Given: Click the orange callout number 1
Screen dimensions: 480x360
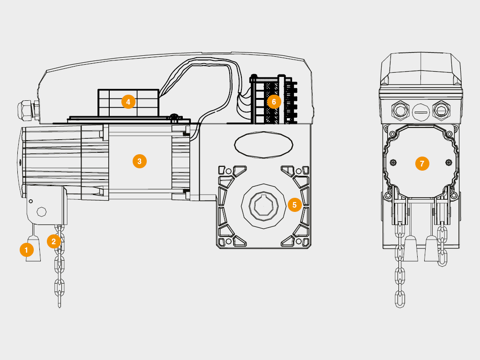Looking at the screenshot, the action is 27,250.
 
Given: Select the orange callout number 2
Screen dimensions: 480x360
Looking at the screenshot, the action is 54,241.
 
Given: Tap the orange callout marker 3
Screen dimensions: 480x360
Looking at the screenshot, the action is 140,161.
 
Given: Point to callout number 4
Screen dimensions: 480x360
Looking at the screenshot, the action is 128,102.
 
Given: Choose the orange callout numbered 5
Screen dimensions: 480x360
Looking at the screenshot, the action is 295,205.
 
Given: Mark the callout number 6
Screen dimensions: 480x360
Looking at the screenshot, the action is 274,102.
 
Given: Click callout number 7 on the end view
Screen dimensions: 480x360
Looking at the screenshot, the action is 422,164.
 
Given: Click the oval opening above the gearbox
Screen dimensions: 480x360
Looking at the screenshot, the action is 263,145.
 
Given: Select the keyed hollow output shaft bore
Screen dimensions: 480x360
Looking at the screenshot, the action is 263,206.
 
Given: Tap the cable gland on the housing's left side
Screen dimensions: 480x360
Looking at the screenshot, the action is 28,111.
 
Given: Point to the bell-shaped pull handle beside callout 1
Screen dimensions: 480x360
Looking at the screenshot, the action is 33,248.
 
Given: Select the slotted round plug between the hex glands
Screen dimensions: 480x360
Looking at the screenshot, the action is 420,112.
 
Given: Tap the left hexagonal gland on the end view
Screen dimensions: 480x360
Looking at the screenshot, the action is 400,110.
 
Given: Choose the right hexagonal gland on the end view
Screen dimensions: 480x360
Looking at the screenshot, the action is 441,110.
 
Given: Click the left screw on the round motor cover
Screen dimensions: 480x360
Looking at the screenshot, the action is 394,162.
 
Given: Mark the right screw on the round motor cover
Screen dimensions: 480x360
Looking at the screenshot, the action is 449,162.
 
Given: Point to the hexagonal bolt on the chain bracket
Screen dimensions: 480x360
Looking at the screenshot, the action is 41,212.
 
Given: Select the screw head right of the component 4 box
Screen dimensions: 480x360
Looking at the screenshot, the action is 174,116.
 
